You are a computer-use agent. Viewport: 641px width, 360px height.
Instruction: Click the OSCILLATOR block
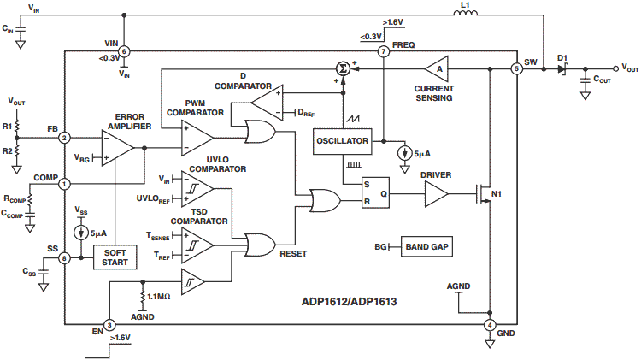pyautogui.click(x=342, y=140)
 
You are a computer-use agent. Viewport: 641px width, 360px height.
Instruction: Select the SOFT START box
pyautogui.click(x=115, y=257)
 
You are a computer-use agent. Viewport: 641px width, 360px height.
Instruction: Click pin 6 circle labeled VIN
pyautogui.click(x=125, y=51)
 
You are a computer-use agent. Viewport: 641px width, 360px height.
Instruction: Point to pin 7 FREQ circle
pyautogui.click(x=384, y=51)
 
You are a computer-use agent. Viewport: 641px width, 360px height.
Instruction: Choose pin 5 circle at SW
pyautogui.click(x=516, y=68)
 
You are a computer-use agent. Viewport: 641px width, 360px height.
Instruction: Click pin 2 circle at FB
pyautogui.click(x=64, y=137)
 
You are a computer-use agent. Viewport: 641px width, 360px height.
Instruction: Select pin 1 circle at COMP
pyautogui.click(x=64, y=183)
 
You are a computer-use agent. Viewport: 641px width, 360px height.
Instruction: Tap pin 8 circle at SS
pyautogui.click(x=64, y=257)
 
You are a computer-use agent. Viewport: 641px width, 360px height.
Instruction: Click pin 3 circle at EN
pyautogui.click(x=109, y=325)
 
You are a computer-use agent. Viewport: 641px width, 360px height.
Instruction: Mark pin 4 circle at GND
pyautogui.click(x=489, y=325)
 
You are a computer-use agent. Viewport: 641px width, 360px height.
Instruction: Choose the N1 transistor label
pyautogui.click(x=497, y=196)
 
